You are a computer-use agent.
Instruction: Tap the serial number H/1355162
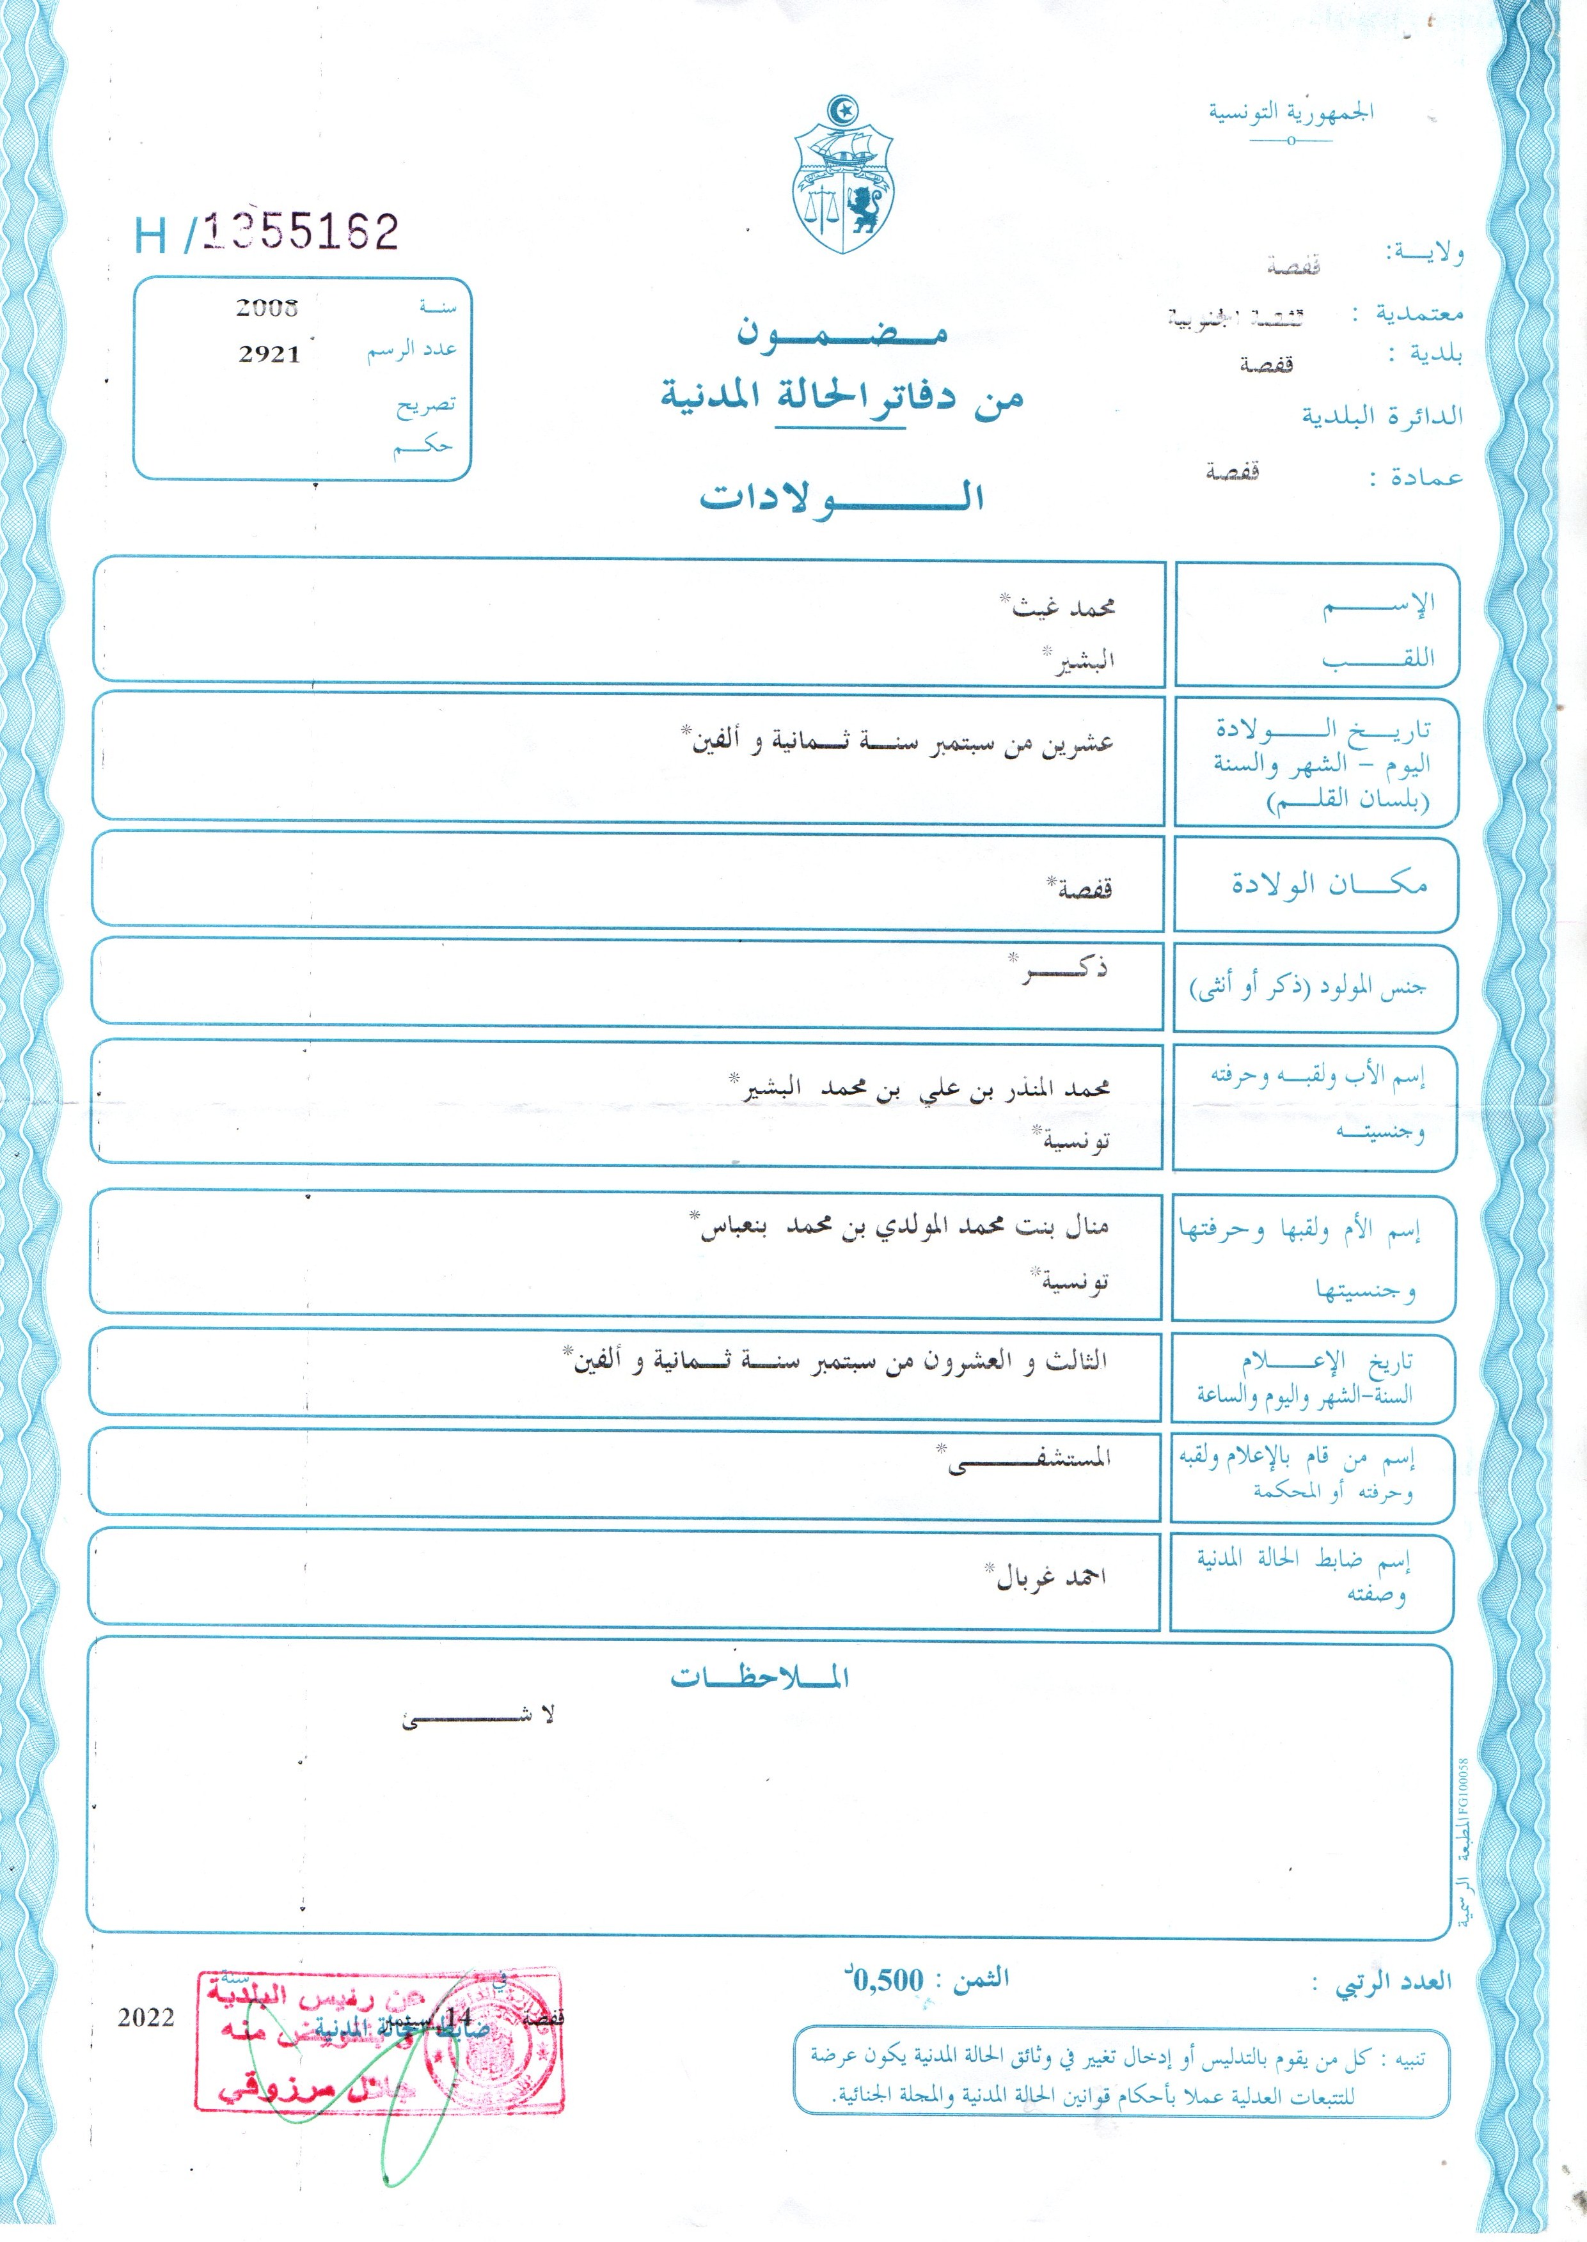[267, 233]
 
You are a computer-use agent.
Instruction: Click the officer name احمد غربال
[1050, 1578]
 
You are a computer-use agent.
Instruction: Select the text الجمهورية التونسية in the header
[1291, 113]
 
